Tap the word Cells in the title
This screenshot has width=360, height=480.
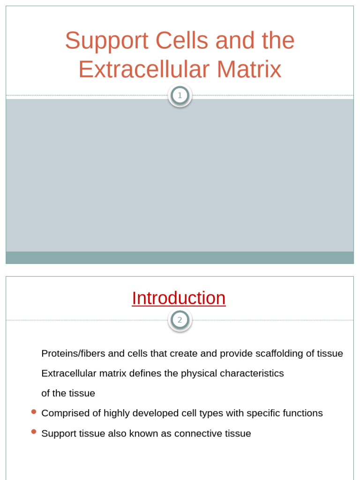click(181, 41)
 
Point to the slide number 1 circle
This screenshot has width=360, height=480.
click(180, 96)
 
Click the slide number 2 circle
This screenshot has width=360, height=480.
click(180, 320)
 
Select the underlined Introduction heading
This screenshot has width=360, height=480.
click(179, 298)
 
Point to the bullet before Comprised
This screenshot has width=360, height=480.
click(34, 412)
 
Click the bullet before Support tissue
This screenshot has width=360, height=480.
click(34, 432)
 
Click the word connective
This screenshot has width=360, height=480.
click(196, 434)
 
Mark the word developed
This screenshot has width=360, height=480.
click(151, 413)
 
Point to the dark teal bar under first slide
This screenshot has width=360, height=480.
click(180, 257)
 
